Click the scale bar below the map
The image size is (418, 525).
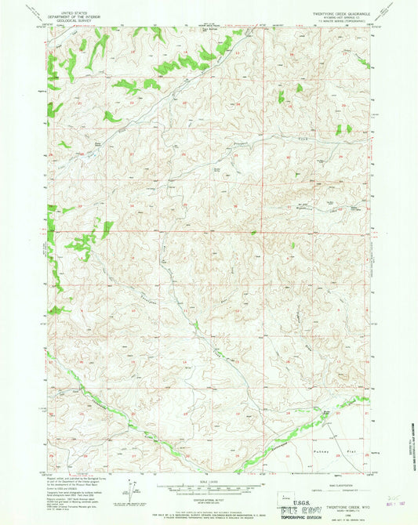209,487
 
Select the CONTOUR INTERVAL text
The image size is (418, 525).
209,497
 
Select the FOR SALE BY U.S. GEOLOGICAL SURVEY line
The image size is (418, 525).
209,509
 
